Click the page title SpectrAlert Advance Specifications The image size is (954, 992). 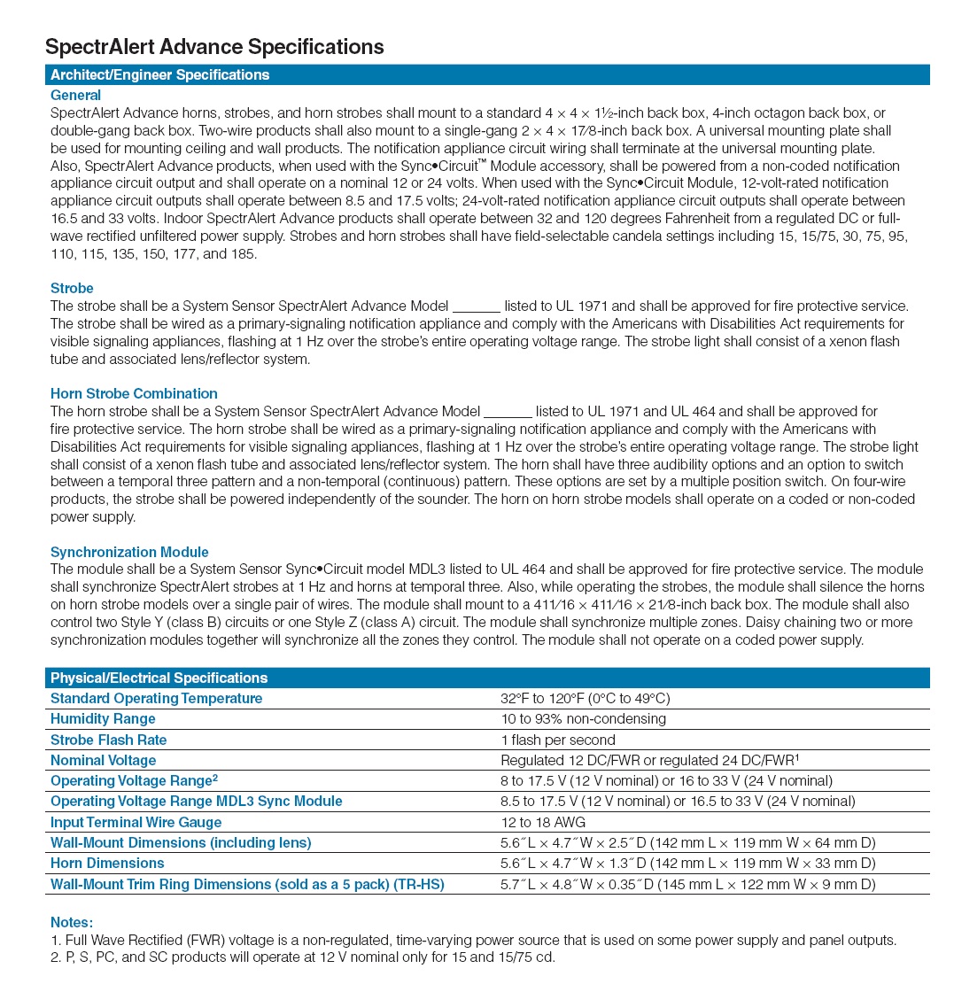pos(214,47)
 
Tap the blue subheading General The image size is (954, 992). pos(75,95)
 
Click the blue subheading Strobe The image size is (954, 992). pos(72,289)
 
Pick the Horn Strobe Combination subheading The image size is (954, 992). pos(134,393)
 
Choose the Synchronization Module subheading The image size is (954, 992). pos(129,552)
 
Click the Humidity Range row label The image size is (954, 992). pos(103,719)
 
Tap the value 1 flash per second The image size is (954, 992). pos(557,740)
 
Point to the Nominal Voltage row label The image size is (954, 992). pos(103,760)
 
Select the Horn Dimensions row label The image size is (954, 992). pos(107,863)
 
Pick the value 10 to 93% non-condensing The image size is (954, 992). pos(583,719)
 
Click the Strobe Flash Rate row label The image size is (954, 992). pos(108,740)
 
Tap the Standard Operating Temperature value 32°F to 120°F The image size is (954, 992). pos(585,699)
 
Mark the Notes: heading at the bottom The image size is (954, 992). pos(71,923)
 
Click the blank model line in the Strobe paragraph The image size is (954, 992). pos(477,307)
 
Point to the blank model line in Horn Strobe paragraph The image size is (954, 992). pos(508,412)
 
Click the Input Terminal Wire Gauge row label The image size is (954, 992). pos(136,822)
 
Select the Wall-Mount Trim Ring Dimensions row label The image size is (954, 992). pos(247,884)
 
